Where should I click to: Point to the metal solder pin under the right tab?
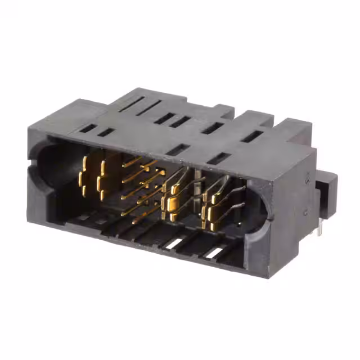tap(319, 228)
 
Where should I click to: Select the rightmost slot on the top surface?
tap(252, 136)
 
